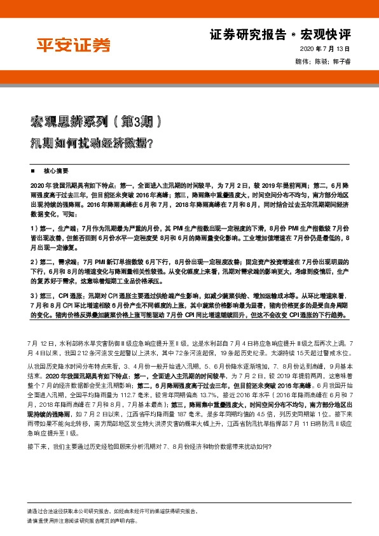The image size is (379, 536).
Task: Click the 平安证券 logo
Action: (x=72, y=45)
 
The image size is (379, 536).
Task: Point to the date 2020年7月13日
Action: (x=333, y=50)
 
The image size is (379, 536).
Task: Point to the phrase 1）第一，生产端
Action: (x=53, y=227)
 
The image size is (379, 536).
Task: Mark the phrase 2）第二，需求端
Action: (x=53, y=261)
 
